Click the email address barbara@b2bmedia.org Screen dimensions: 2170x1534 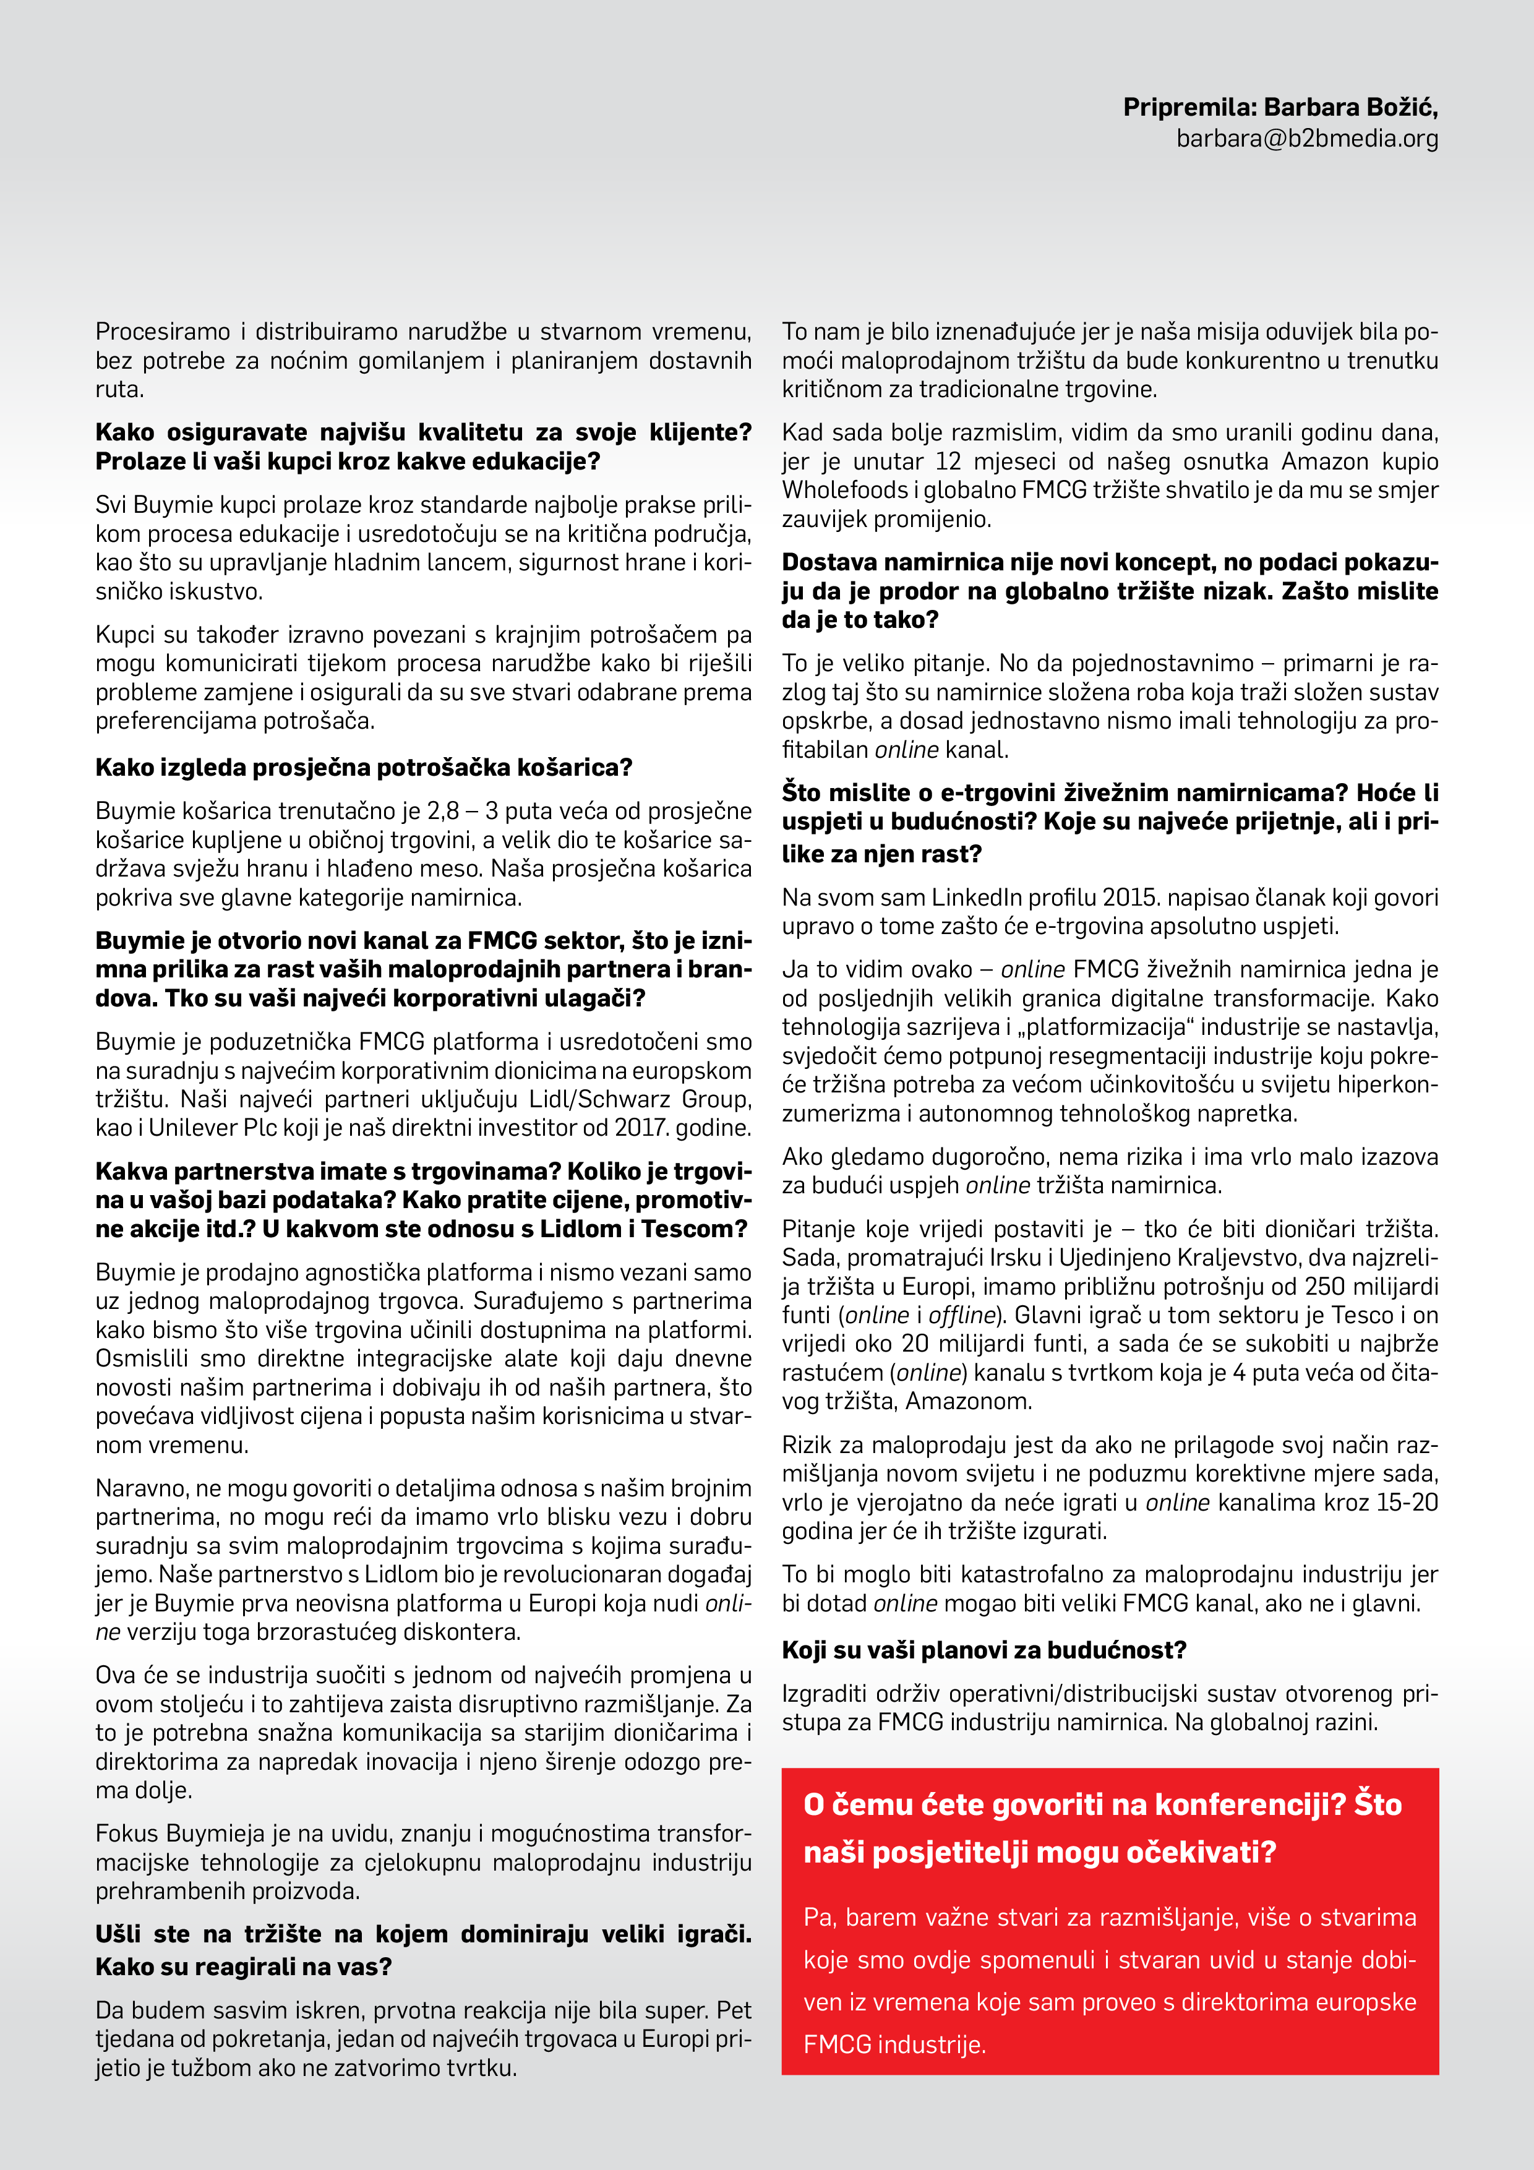(1307, 139)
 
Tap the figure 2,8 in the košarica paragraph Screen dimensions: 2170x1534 (443, 812)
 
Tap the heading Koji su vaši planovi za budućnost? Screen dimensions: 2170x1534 (984, 1650)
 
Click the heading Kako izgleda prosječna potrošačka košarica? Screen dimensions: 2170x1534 (364, 768)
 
